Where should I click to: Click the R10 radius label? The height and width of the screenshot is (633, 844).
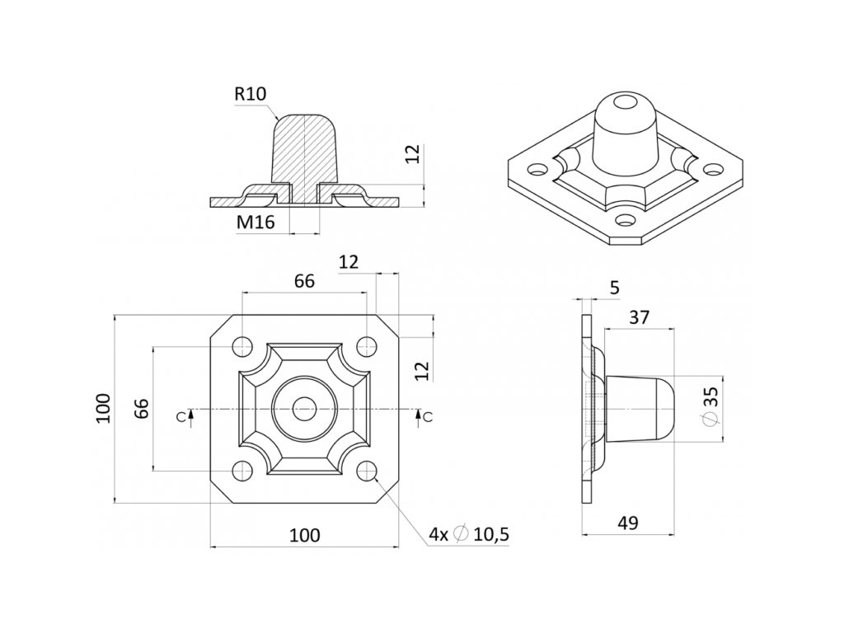click(x=251, y=94)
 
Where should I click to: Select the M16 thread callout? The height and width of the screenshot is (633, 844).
click(x=256, y=222)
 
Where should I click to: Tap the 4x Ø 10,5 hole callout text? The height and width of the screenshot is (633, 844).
click(x=469, y=534)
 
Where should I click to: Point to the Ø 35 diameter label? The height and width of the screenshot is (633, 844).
click(x=711, y=407)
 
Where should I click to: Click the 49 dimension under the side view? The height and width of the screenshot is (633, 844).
click(x=627, y=523)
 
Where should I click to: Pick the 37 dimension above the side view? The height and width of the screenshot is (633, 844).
click(x=639, y=317)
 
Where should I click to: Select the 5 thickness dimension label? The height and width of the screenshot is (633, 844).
click(x=615, y=288)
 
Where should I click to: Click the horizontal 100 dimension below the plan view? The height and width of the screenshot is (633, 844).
click(x=305, y=535)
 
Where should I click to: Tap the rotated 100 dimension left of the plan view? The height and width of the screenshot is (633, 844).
click(x=103, y=409)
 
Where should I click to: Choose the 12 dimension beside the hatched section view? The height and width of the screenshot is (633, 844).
click(x=412, y=154)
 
